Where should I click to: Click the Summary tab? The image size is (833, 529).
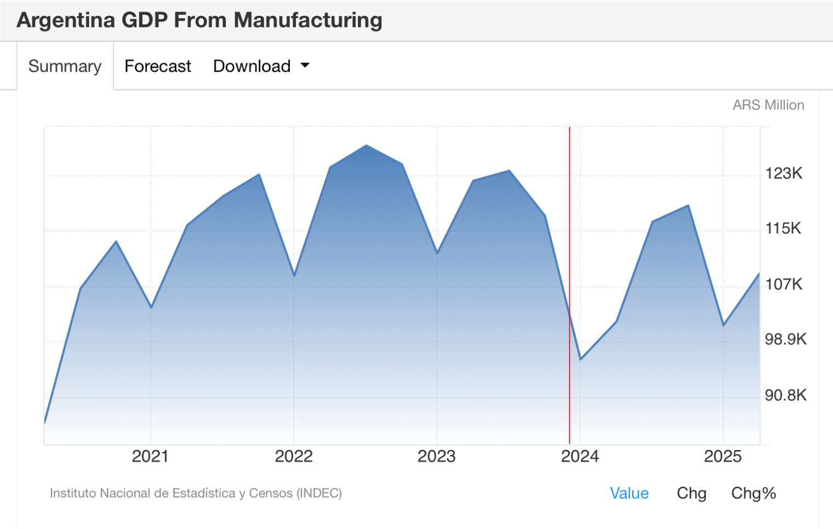click(x=65, y=66)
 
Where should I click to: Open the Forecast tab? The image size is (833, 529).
click(x=158, y=66)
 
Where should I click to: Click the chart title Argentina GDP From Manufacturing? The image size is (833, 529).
click(x=199, y=20)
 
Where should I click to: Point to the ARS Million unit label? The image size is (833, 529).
click(x=768, y=105)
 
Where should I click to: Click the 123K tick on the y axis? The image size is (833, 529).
click(x=784, y=174)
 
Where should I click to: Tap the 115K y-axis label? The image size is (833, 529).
click(x=783, y=228)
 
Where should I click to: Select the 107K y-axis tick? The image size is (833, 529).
click(x=784, y=284)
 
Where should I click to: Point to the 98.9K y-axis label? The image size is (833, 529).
click(x=785, y=339)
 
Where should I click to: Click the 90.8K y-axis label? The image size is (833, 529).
click(x=785, y=395)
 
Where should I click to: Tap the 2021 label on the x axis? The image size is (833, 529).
click(x=150, y=456)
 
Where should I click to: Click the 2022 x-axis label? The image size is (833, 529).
click(x=294, y=456)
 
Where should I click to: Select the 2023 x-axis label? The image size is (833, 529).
click(x=437, y=456)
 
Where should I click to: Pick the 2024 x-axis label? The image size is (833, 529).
click(x=580, y=456)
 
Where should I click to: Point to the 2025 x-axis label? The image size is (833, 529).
click(x=723, y=456)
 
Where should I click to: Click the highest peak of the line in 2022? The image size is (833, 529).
click(x=367, y=145)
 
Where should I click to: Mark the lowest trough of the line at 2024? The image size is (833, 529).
click(x=580, y=359)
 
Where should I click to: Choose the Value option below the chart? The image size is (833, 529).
click(x=629, y=493)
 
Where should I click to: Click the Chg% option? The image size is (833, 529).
click(x=754, y=493)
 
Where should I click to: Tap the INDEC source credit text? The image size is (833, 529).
click(x=196, y=493)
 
